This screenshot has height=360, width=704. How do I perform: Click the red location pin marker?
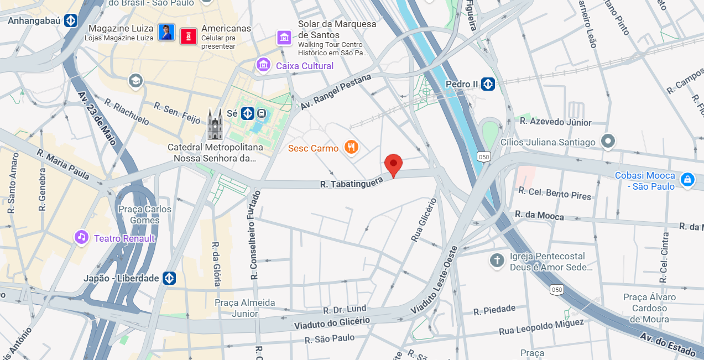pos(393,164)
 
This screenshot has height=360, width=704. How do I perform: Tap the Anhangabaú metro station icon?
pos(70,21)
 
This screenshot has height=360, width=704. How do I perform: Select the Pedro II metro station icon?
pos(487,84)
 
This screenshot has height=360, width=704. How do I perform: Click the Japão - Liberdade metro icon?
pos(169,278)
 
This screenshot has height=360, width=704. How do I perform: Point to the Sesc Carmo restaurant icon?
pos(351,147)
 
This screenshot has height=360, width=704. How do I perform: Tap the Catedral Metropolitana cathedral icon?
pos(215,124)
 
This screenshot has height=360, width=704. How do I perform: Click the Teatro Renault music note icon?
pos(82,238)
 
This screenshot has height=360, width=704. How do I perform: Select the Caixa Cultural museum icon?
pos(263,65)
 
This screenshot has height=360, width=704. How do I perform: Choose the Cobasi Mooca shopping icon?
pos(687,180)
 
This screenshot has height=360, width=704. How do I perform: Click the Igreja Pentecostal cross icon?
pos(497,260)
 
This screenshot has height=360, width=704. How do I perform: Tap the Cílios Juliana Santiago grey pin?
pos(608,142)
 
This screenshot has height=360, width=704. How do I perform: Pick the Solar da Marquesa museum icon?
pos(284,38)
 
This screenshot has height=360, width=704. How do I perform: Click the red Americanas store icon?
pos(189,35)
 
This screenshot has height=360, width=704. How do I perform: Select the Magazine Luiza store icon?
pos(166,32)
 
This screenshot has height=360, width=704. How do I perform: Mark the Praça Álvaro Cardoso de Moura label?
pos(649,308)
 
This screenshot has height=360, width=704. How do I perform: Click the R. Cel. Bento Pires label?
pos(554,193)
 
